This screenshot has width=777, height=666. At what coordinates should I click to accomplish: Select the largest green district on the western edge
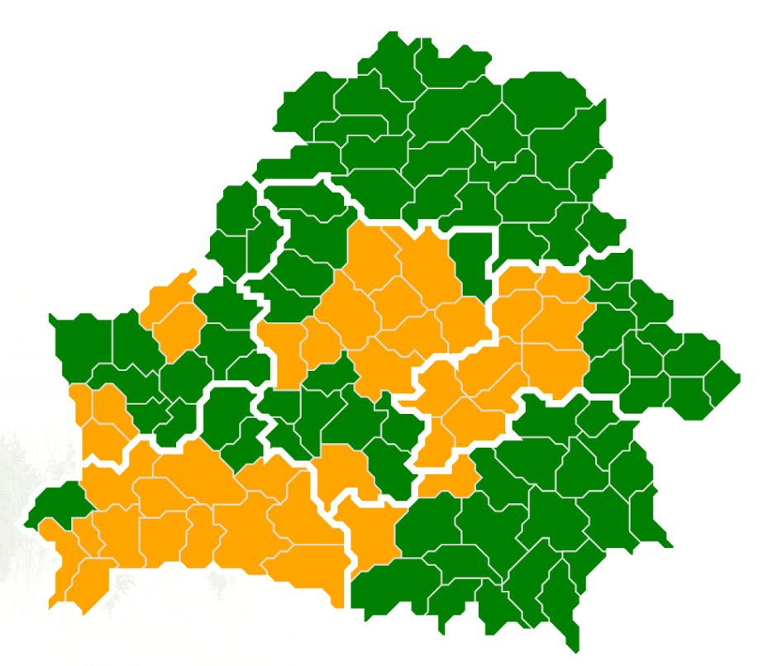click(x=83, y=343)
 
